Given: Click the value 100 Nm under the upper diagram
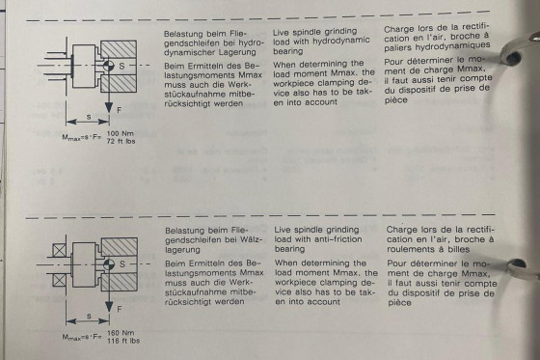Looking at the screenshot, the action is (121, 133).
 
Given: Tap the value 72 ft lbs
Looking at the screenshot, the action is (121, 141).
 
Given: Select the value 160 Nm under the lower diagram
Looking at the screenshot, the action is (121, 333).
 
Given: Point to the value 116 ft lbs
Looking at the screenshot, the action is (123, 341).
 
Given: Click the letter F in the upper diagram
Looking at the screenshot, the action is (120, 110).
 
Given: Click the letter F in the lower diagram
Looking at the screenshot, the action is (120, 309).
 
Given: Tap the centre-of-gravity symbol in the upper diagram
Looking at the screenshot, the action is (108, 66).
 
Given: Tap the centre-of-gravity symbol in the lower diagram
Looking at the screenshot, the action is (109, 264).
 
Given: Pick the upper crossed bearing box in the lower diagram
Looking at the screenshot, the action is (59, 250).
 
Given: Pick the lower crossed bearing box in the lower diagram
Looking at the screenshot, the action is (59, 280).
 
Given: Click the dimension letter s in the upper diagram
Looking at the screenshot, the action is (89, 117).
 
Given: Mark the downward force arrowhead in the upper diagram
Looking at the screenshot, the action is (109, 107).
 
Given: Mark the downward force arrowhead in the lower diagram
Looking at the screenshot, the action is (109, 307).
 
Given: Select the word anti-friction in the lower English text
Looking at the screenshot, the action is (339, 239).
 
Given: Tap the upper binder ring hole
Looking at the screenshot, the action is (512, 57).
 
